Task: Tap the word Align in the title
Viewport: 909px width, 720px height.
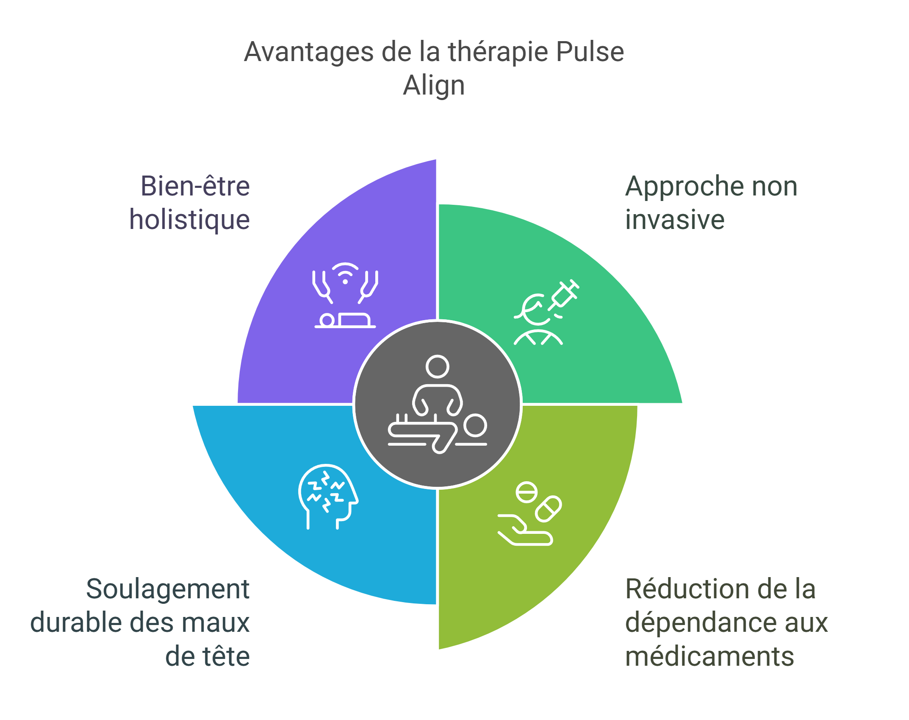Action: (433, 87)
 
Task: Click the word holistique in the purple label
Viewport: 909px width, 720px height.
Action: (189, 220)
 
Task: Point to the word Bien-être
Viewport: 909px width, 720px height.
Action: (195, 186)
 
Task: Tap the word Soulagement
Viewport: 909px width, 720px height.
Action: (168, 589)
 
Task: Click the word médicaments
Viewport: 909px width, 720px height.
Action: (709, 656)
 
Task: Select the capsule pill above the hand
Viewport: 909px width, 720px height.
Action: (548, 508)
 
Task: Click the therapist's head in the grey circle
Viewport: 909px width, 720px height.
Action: (437, 366)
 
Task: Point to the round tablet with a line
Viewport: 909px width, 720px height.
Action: (527, 493)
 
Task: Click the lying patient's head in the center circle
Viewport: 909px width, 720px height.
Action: (474, 425)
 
